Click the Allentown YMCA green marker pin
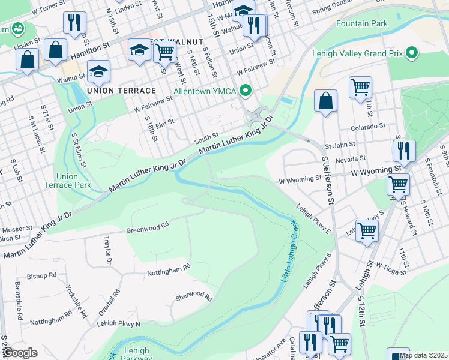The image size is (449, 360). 245,91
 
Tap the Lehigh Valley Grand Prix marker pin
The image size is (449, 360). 411,53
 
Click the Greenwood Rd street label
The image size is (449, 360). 148,229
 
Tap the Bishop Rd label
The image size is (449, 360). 41,276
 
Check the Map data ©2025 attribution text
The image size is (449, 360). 423,355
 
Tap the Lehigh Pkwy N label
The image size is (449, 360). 118,324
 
